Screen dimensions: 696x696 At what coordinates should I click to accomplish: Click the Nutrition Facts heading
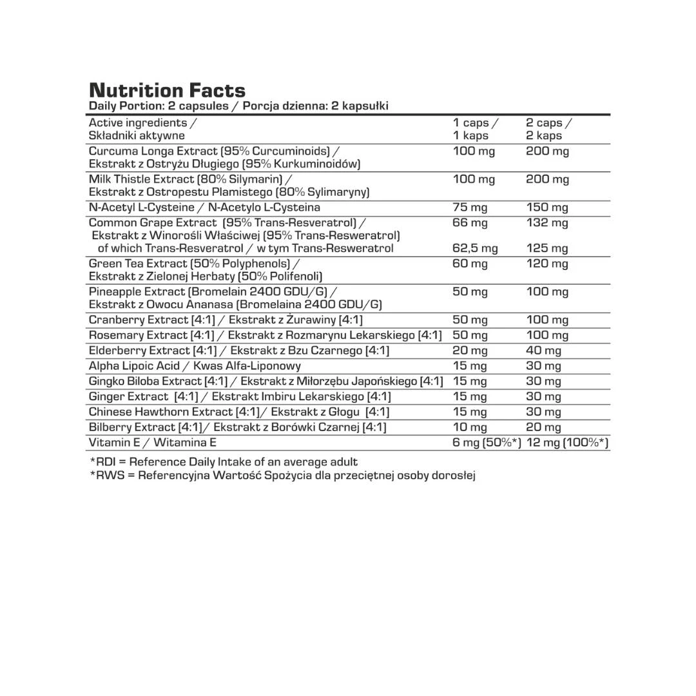click(x=167, y=90)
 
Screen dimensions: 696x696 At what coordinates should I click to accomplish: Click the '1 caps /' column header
click(x=476, y=122)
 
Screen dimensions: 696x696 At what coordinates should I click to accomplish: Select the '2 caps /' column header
click(x=549, y=122)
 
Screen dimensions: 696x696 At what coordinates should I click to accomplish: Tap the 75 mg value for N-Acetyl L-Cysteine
click(x=470, y=208)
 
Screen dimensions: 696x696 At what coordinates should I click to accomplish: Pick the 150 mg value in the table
click(x=547, y=208)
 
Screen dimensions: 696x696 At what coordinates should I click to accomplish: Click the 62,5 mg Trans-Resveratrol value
click(x=476, y=248)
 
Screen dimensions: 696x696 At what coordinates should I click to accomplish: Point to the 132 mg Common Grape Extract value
click(x=547, y=223)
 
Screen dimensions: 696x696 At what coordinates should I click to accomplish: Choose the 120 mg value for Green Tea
click(x=547, y=264)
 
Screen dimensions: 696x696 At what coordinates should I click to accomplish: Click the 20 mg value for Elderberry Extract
click(x=470, y=351)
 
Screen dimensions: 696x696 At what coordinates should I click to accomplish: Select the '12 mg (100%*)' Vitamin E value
click(x=567, y=443)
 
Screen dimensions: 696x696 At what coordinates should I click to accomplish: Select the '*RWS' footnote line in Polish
click(x=282, y=476)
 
